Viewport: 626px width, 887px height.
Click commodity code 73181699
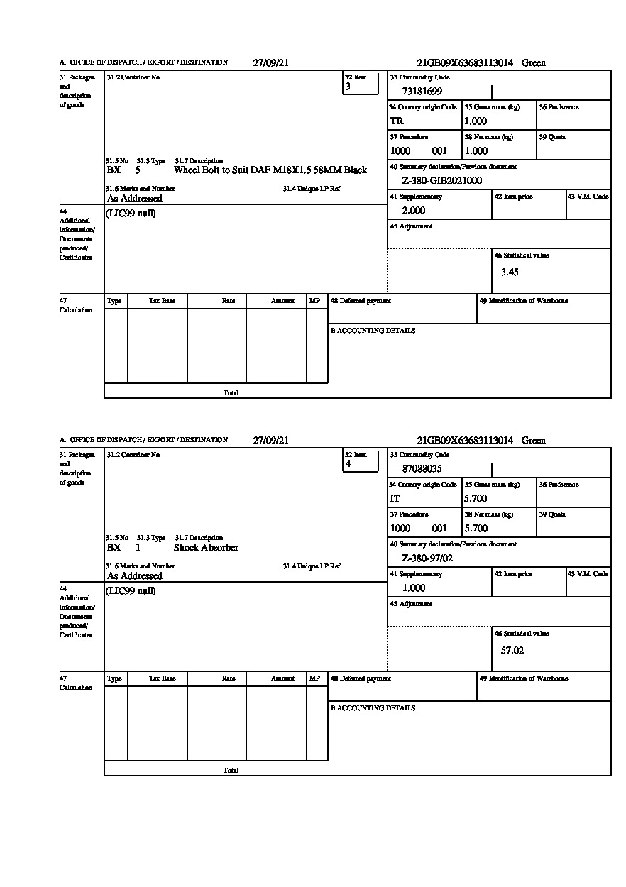coord(422,91)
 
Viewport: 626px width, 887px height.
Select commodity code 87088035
coord(422,469)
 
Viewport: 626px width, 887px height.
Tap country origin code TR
coord(397,121)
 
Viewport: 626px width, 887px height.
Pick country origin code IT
coord(395,499)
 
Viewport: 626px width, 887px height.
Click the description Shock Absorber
coord(206,548)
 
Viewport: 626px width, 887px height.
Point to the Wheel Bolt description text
coord(270,170)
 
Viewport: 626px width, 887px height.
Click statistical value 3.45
coord(510,272)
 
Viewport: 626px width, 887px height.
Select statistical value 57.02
coord(512,650)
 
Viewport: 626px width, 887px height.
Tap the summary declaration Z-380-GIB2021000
coord(441,181)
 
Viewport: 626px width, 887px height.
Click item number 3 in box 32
coord(348,87)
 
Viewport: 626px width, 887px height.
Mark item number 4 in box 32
coord(348,464)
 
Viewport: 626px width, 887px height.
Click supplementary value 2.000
coord(414,211)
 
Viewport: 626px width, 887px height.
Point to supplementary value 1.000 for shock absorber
coord(414,588)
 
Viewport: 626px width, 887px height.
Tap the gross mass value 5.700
coord(476,499)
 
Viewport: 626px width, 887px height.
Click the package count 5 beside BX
coord(138,170)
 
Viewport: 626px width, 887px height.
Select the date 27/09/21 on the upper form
coord(271,62)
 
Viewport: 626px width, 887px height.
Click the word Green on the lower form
coord(534,441)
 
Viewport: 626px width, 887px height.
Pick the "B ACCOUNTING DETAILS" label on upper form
coord(373,331)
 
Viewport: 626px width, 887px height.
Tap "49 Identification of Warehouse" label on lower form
coord(524,678)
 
